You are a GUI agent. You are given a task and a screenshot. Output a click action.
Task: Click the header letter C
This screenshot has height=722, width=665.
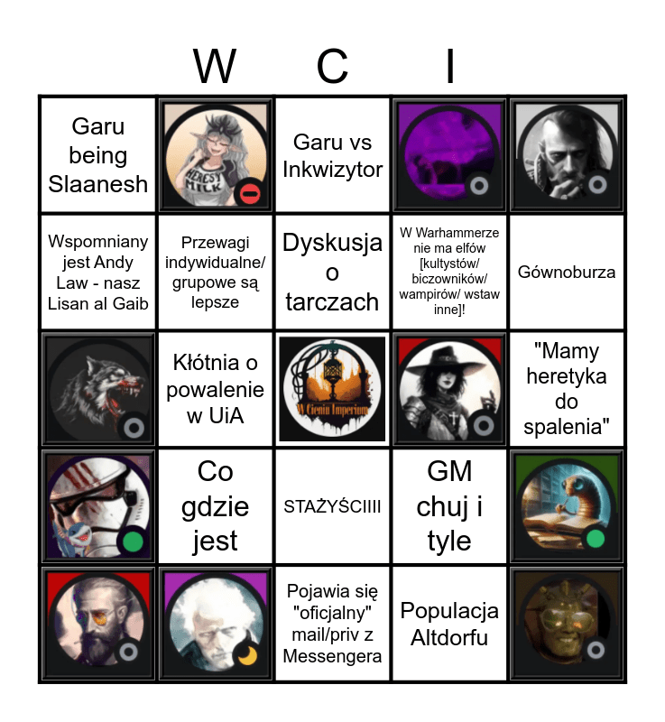click(x=332, y=66)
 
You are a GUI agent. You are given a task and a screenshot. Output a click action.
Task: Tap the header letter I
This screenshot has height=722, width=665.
click(x=449, y=66)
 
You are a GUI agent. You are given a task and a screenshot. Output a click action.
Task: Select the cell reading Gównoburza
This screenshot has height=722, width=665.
click(x=567, y=272)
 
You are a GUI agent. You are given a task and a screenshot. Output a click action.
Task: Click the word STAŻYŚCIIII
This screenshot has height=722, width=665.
click(x=332, y=506)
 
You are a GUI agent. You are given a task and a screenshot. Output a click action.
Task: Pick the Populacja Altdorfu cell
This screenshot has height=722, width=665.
click(x=449, y=624)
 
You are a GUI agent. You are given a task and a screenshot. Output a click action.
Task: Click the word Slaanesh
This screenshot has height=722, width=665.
click(x=97, y=185)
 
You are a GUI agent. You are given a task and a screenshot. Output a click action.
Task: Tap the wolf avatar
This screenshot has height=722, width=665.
click(x=97, y=389)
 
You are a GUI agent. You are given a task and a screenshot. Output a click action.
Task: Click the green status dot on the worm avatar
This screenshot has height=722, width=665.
click(x=595, y=539)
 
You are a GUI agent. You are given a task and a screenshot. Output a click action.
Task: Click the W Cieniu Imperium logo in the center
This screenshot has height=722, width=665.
click(x=332, y=389)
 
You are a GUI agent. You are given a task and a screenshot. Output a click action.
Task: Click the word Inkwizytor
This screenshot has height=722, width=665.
click(x=332, y=170)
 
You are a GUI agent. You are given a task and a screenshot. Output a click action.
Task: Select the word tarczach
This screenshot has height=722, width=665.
click(x=332, y=301)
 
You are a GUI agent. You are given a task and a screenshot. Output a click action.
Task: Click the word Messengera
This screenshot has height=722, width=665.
click(x=332, y=656)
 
